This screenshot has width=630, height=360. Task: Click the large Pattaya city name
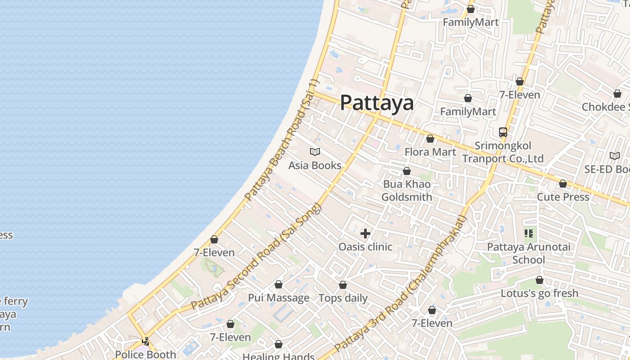tap(377, 103)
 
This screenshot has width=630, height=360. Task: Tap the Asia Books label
tap(315, 166)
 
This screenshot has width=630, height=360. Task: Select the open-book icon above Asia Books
tap(315, 152)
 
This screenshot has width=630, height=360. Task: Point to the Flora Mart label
tap(430, 152)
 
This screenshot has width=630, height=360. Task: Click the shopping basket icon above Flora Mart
tap(430, 139)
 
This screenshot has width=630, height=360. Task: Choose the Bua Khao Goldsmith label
tap(407, 190)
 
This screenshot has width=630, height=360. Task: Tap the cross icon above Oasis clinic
tap(365, 234)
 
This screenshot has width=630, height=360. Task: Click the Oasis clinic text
tap(365, 247)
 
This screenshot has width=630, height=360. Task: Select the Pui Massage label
tap(279, 298)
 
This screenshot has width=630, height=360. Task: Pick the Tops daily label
tap(343, 298)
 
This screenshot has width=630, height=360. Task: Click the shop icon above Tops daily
tap(343, 285)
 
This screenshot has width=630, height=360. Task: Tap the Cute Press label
tap(563, 197)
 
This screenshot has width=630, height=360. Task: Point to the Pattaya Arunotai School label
tap(529, 253)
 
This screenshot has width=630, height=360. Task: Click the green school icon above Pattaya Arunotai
tap(529, 234)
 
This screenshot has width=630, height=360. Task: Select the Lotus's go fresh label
tap(540, 293)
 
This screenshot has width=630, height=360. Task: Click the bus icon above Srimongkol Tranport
tap(503, 132)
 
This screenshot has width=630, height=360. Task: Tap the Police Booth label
tap(145, 354)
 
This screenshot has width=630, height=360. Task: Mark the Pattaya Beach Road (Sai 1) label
tap(281, 140)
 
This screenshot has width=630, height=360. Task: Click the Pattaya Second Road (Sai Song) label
tap(256, 256)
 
